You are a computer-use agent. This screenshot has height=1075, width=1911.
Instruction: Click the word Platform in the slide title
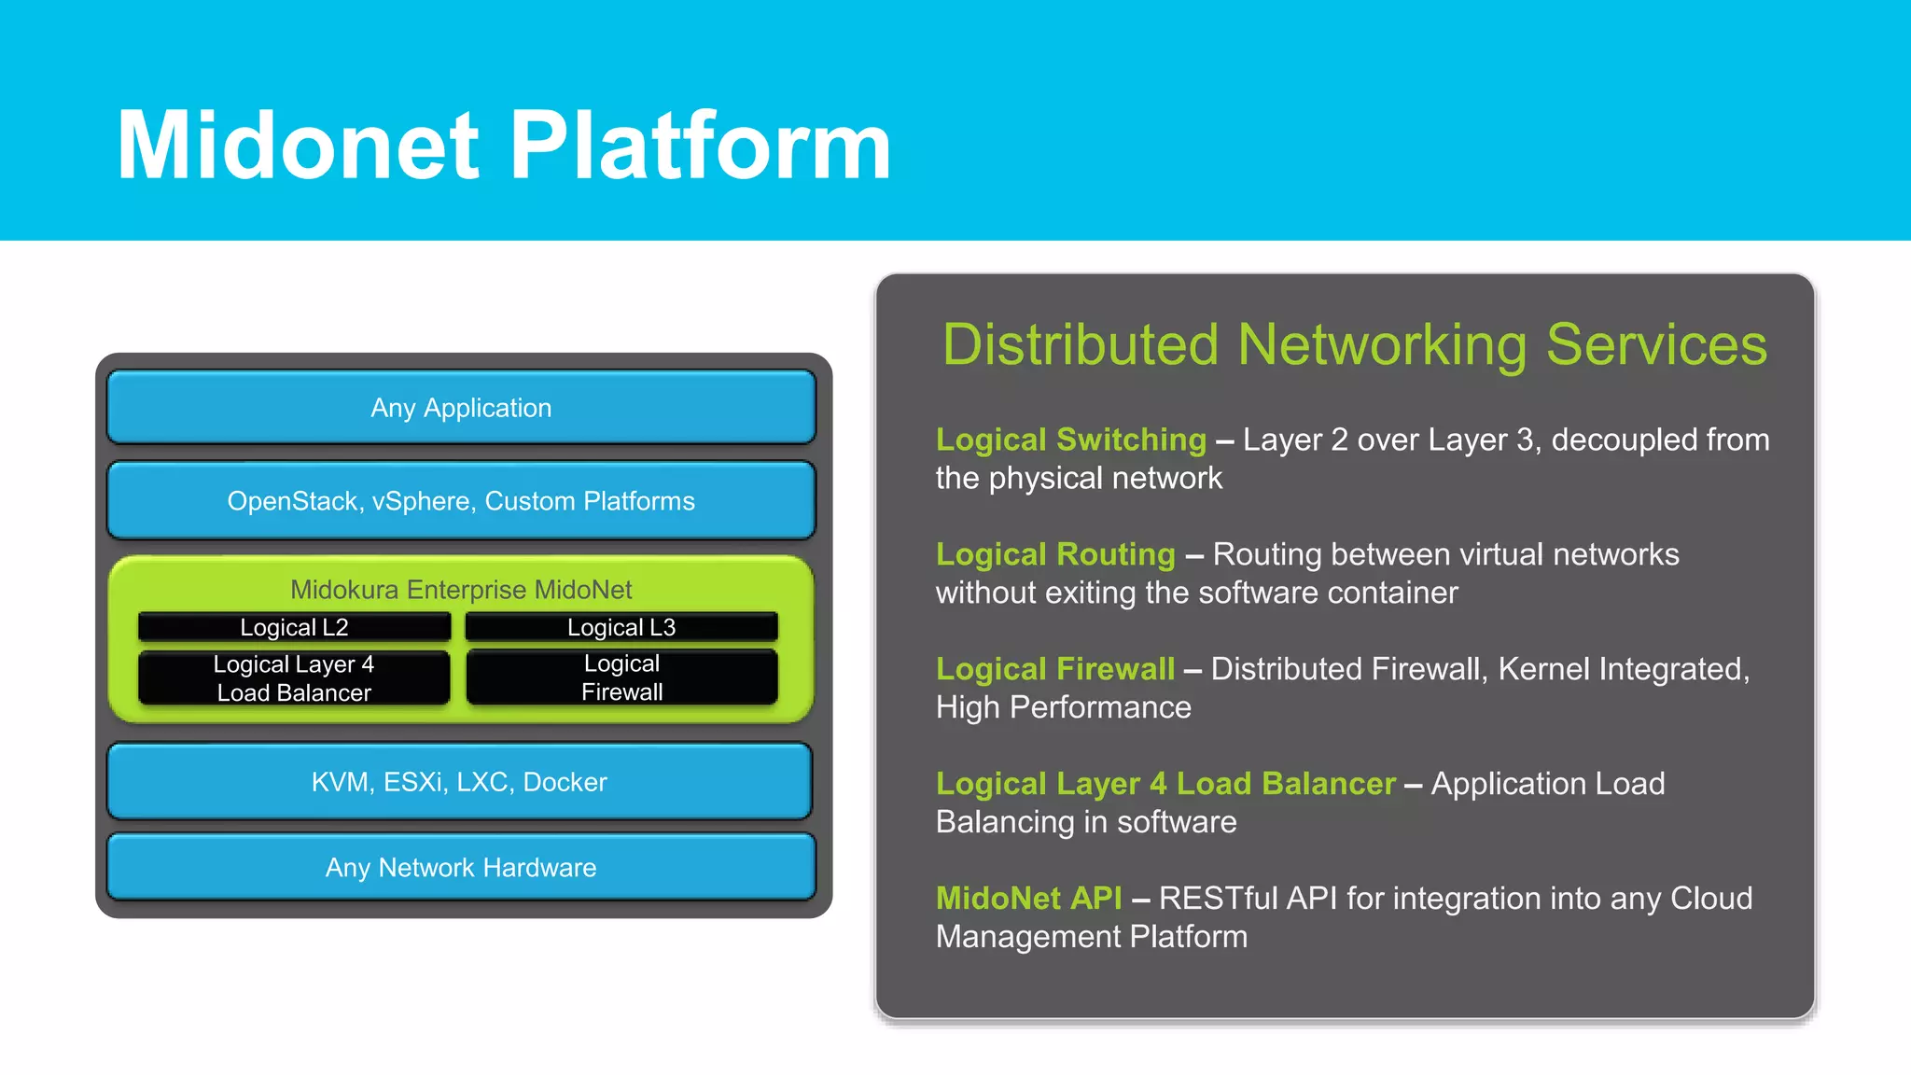click(x=700, y=146)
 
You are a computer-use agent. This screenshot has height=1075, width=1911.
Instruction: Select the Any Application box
click(x=461, y=408)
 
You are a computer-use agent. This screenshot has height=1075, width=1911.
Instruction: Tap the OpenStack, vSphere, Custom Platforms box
click(x=461, y=501)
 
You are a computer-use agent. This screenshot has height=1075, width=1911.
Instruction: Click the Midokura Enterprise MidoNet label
click(x=461, y=589)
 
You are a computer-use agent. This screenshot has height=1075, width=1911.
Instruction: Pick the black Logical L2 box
click(x=294, y=627)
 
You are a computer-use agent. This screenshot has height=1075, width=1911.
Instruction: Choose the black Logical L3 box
click(x=621, y=627)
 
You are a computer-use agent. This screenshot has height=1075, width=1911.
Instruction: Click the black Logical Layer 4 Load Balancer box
click(x=294, y=678)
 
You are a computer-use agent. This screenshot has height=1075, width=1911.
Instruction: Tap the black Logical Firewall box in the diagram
click(x=621, y=677)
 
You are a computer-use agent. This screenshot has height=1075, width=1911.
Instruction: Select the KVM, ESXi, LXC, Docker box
click(x=459, y=782)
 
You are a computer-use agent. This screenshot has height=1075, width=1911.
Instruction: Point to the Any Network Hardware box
click(x=461, y=868)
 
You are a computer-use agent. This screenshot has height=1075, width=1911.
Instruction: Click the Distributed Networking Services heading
click(x=1354, y=344)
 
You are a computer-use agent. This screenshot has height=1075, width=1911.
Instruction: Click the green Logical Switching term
click(x=1070, y=440)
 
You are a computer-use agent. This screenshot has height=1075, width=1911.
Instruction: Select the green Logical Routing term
click(x=1054, y=554)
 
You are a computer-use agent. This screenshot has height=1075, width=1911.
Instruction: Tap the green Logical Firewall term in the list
click(x=1054, y=669)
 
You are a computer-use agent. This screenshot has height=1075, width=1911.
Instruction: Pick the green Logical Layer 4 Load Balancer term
click(x=1165, y=784)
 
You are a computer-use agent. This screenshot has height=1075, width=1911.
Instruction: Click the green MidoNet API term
click(x=1028, y=898)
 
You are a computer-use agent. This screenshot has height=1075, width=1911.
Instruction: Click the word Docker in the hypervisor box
click(x=565, y=782)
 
